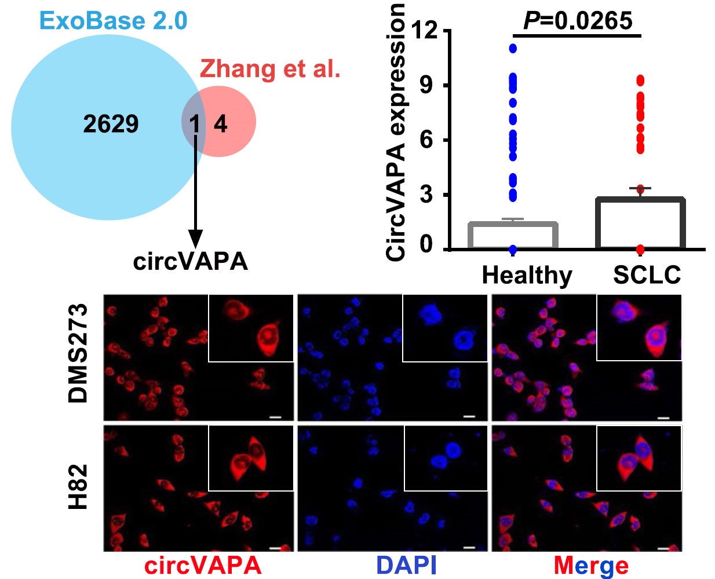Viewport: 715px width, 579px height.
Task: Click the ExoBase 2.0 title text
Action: click(114, 21)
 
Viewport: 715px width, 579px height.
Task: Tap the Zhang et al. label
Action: click(270, 69)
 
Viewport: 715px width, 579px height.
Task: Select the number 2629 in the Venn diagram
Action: click(111, 124)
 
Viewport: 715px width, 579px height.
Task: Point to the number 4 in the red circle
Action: click(220, 124)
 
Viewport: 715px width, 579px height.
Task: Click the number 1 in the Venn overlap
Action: click(195, 124)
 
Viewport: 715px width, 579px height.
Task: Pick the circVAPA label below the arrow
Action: click(190, 262)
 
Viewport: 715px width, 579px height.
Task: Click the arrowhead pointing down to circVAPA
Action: click(196, 239)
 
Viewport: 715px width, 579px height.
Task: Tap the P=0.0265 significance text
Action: click(578, 21)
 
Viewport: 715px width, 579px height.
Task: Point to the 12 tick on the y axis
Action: click(424, 31)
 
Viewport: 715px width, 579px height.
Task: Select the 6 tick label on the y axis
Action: click(428, 140)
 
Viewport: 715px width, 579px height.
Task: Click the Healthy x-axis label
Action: click(527, 274)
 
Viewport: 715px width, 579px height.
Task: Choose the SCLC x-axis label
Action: click(647, 274)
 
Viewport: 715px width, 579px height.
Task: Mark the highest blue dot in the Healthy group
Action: click(513, 49)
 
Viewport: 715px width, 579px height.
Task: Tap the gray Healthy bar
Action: click(513, 236)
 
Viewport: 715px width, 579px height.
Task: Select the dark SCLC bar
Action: click(640, 223)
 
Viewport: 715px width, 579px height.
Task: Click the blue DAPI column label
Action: click(407, 565)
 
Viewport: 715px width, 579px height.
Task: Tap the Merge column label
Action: click(591, 565)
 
